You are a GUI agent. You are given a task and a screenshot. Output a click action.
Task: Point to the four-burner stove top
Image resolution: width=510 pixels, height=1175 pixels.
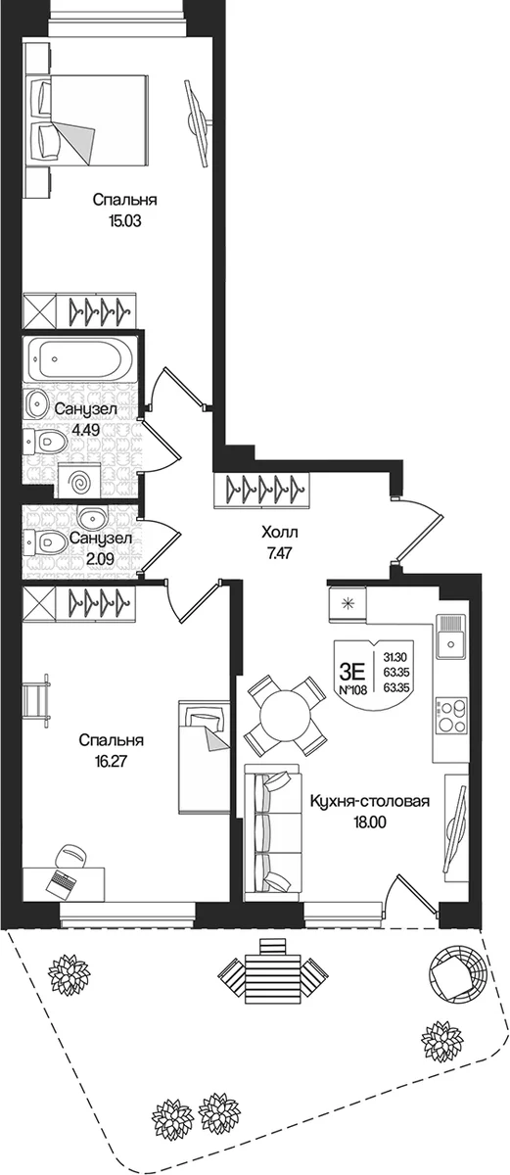[450, 716]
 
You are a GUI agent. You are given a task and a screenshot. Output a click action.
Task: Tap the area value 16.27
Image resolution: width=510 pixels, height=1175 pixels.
[112, 761]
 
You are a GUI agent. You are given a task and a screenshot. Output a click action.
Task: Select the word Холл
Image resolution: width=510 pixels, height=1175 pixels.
[280, 533]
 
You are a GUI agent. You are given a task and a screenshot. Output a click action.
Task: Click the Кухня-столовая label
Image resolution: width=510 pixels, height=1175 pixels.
[370, 801]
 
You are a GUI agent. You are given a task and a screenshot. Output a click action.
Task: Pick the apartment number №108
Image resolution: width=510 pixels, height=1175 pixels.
[353, 689]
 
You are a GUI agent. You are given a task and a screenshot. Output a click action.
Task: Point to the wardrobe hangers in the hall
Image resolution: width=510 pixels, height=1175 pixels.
[261, 491]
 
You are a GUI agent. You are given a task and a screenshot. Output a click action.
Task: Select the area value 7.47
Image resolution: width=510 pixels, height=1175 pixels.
[279, 553]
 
